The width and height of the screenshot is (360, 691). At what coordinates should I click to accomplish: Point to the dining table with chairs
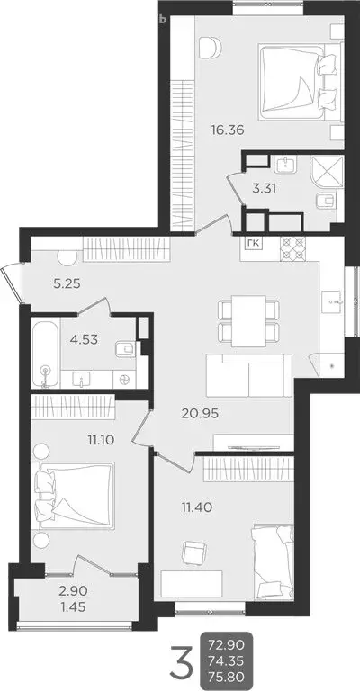(247, 321)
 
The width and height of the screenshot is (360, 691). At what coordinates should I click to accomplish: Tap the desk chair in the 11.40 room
(190, 552)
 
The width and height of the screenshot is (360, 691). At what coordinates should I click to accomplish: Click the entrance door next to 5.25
(11, 281)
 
